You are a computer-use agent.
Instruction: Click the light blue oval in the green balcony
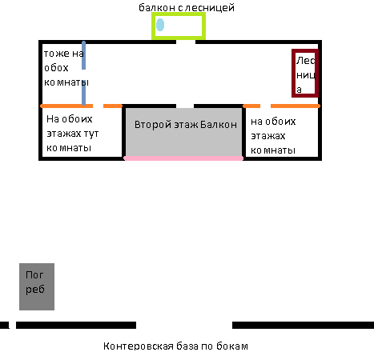click(x=160, y=25)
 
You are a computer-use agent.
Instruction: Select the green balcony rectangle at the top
click(x=179, y=14)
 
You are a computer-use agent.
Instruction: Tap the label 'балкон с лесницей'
click(x=187, y=8)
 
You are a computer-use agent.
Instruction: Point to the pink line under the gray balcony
click(x=183, y=158)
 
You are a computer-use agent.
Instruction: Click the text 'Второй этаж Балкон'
click(x=186, y=125)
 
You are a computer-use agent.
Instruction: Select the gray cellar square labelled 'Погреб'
click(x=37, y=286)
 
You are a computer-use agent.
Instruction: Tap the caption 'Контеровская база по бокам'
click(x=175, y=346)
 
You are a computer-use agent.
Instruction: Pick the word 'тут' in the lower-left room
click(x=91, y=134)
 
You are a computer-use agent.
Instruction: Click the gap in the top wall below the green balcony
click(x=186, y=42)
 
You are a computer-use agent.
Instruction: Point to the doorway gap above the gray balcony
click(x=185, y=106)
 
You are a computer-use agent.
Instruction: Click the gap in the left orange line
click(x=98, y=106)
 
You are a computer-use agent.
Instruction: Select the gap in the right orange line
click(x=265, y=106)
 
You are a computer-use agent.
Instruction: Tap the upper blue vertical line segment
click(x=83, y=55)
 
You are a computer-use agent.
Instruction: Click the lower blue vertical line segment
click(x=83, y=92)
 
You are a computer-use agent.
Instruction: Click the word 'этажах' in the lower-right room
click(x=268, y=136)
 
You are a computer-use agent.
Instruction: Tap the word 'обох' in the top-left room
click(x=56, y=68)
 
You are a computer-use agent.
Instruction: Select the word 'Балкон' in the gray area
click(x=219, y=125)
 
